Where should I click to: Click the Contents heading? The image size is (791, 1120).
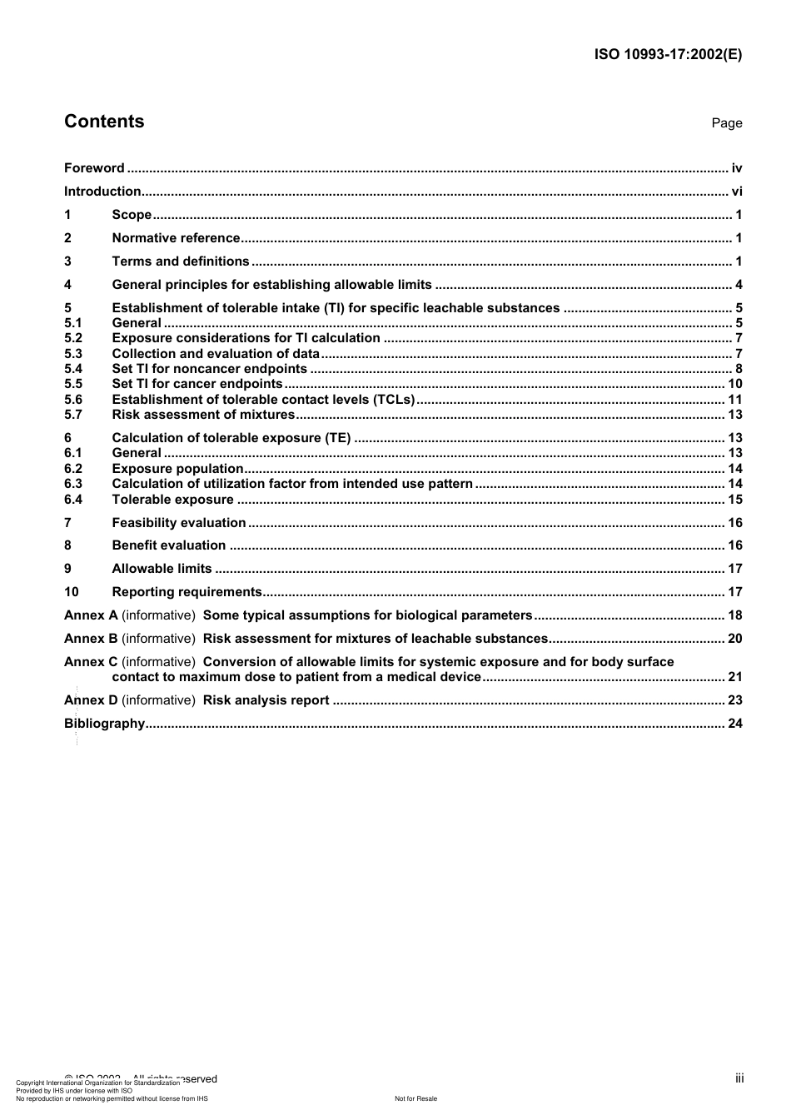[104, 122]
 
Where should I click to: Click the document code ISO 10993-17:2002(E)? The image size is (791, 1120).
[668, 55]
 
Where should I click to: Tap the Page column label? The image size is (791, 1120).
[726, 123]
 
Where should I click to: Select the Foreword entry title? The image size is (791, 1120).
[94, 168]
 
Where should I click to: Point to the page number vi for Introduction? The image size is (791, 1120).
[736, 192]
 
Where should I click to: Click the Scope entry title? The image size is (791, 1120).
[132, 215]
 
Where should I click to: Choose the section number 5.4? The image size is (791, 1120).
[73, 369]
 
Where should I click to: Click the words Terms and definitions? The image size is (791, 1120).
[181, 261]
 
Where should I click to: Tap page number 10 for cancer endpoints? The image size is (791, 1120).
[734, 384]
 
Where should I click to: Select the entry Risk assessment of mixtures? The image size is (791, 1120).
[203, 415]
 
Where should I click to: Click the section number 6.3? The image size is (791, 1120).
[73, 484]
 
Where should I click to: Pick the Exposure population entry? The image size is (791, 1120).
[177, 469]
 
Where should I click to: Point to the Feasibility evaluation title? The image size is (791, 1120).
[179, 523]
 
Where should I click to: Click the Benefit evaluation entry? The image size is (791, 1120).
[169, 545]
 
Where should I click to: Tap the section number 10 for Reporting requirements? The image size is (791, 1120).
[72, 592]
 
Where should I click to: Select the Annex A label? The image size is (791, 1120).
[91, 615]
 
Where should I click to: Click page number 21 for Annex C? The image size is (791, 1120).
[734, 677]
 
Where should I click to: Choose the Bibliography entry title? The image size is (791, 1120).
[105, 724]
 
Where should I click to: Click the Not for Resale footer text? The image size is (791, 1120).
[415, 1098]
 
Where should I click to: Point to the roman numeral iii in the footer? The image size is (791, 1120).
[739, 1078]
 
